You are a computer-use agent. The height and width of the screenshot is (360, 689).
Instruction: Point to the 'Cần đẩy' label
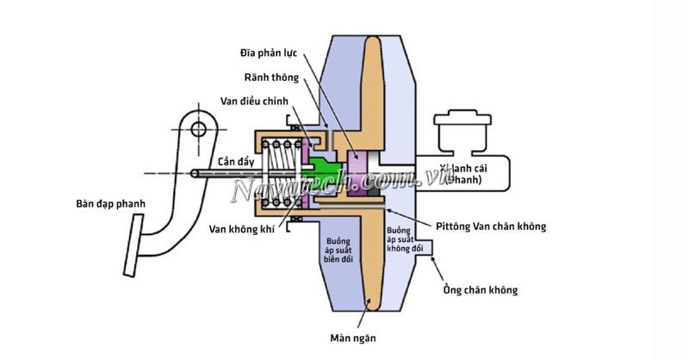(x=233, y=162)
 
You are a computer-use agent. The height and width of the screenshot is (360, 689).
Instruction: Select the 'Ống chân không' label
(x=480, y=290)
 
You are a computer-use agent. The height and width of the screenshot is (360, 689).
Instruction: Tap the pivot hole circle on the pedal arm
(x=199, y=131)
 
